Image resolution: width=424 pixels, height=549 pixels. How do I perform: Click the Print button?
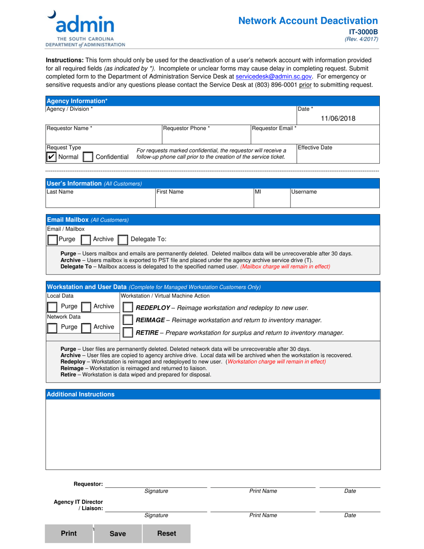click(69, 533)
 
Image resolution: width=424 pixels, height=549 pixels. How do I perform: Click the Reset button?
click(166, 533)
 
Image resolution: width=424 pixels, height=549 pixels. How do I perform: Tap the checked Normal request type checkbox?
click(52, 157)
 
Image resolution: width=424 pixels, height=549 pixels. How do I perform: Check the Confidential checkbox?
click(88, 157)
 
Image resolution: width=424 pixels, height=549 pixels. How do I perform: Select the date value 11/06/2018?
click(338, 118)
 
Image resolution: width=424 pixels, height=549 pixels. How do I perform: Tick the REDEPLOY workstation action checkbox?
click(128, 308)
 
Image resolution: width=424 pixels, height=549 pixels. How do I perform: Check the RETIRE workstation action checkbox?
click(128, 333)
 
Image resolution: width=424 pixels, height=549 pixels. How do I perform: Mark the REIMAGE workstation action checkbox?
click(128, 320)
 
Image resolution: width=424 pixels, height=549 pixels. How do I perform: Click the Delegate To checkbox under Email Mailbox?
click(123, 240)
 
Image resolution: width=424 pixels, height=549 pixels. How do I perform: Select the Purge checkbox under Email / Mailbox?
click(52, 240)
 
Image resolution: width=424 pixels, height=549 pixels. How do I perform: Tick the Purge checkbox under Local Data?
click(52, 307)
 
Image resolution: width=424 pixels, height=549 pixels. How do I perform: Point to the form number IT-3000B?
click(363, 32)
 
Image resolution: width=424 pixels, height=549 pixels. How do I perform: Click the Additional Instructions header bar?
click(213, 394)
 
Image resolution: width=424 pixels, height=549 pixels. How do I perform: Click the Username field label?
click(304, 192)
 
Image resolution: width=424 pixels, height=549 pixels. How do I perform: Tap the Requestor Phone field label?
click(186, 129)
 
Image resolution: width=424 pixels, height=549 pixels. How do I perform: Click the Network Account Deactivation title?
click(308, 21)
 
